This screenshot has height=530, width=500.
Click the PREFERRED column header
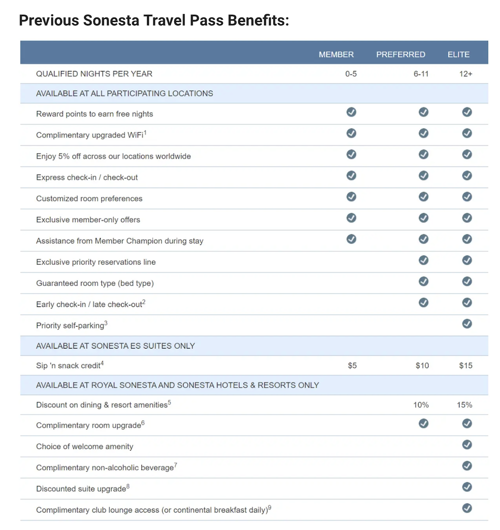point(400,54)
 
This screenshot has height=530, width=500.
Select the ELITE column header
point(458,54)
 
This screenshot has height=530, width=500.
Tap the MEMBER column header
point(336,54)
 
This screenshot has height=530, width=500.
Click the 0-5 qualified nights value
point(351,74)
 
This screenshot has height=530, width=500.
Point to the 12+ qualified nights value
point(466,74)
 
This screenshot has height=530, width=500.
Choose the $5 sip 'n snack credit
point(352,365)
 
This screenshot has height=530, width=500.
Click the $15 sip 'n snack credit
point(465,365)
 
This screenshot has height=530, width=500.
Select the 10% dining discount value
point(421,404)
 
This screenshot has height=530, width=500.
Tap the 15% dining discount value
point(464,404)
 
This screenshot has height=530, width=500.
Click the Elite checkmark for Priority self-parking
point(467,323)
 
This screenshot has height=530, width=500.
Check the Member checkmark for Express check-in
point(351,175)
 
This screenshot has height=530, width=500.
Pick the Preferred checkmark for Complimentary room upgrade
point(423,423)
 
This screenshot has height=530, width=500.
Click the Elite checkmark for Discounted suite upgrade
point(467,486)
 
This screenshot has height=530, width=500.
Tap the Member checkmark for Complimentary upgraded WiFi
point(351,133)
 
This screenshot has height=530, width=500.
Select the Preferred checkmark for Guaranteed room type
point(423,281)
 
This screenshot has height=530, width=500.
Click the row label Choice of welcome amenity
point(84,446)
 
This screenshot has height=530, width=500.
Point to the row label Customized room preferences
point(89,198)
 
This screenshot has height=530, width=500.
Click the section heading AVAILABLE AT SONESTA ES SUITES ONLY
point(115,346)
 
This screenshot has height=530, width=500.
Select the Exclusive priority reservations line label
point(95,262)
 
